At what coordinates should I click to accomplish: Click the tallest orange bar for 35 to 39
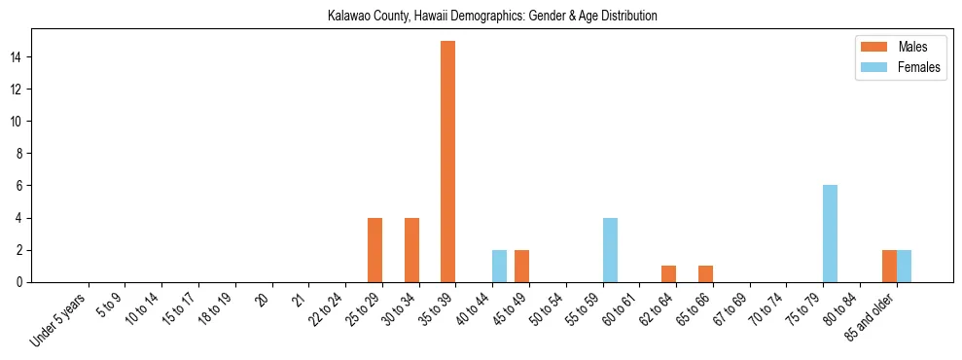[x=447, y=162]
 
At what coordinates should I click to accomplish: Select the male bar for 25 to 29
[x=374, y=250]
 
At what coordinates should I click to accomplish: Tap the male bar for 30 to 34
[x=411, y=250]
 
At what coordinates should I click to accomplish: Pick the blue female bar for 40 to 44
[x=499, y=266]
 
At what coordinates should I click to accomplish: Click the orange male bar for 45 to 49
[x=521, y=266]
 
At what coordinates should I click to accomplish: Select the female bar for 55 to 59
[x=610, y=250]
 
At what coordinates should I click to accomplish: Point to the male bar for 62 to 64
[x=668, y=273]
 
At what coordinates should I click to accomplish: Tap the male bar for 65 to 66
[x=705, y=273]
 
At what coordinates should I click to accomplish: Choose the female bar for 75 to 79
[x=830, y=234]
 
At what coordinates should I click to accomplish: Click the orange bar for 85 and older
[x=889, y=266]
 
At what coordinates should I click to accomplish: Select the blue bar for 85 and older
[x=904, y=266]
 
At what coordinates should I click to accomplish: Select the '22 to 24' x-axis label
[x=326, y=310]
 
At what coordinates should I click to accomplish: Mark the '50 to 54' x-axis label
[x=547, y=310]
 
